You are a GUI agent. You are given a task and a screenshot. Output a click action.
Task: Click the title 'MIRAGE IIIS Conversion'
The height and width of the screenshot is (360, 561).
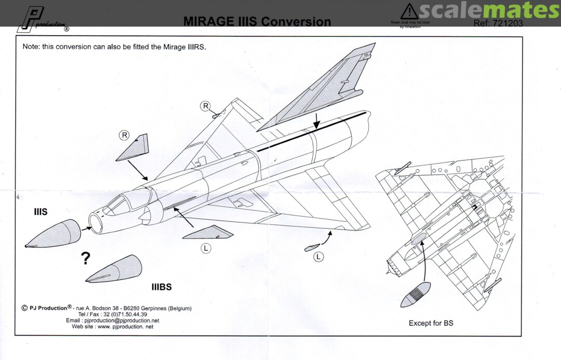pyautogui.click(x=257, y=22)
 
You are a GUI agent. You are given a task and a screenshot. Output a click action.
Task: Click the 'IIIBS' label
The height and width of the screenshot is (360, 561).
pyautogui.click(x=162, y=287)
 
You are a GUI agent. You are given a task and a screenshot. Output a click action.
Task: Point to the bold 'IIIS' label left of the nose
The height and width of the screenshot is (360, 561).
pyautogui.click(x=41, y=212)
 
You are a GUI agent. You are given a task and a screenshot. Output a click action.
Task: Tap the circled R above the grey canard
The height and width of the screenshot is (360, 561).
pyautogui.click(x=124, y=136)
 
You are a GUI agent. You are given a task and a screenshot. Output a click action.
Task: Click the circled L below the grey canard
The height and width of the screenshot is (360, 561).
pyautogui.click(x=206, y=248)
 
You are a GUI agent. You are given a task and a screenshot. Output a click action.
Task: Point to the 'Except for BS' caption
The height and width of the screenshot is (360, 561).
pyautogui.click(x=431, y=323)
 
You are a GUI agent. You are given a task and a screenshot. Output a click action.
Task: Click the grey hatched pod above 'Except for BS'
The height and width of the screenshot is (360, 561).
pyautogui.click(x=416, y=295)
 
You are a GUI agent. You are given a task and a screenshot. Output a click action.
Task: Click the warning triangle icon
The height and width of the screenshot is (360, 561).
pyautogui.click(x=410, y=11)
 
